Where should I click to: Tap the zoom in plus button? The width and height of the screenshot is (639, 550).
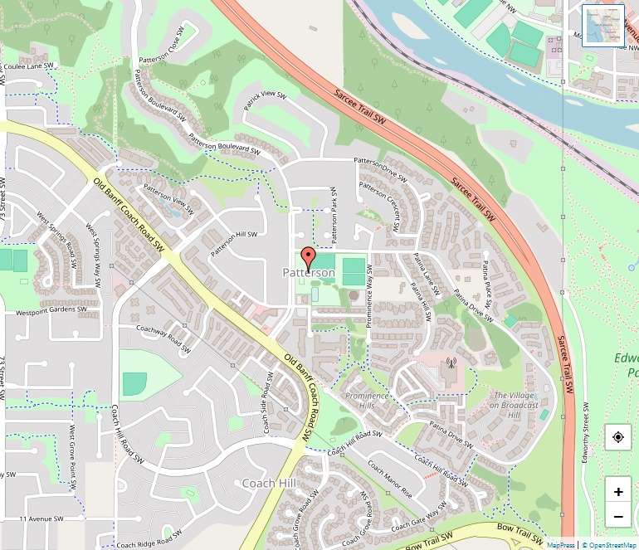618,491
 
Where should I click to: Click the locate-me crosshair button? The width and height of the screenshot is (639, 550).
618,437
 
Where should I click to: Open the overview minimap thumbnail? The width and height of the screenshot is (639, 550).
603,26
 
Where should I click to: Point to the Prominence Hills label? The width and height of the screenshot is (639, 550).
366,401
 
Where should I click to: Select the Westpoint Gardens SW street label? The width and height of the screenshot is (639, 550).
51,311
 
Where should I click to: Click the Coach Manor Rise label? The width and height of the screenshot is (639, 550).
389,479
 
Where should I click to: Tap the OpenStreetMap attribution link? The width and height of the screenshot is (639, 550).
610,544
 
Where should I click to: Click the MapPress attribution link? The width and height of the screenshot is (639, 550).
560,544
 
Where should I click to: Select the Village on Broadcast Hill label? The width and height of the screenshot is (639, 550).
514,405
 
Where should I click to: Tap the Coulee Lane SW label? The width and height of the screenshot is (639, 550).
29,66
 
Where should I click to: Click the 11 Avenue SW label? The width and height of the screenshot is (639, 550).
41,518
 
